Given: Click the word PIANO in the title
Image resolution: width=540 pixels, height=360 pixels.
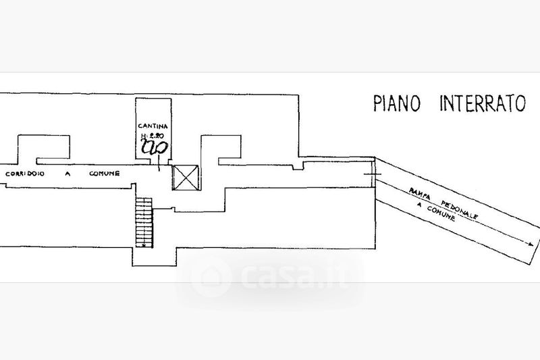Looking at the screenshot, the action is click(398, 103).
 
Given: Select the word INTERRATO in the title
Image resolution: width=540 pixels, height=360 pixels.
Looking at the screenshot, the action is click(483, 103).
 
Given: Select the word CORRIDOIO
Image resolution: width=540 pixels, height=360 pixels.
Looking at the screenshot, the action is click(24, 174).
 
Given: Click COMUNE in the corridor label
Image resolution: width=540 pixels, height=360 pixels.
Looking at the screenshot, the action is click(105, 174).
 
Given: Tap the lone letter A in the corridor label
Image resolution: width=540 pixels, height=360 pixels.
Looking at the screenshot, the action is click(67, 174).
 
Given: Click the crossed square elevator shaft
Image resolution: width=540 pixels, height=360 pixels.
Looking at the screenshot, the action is click(187, 178).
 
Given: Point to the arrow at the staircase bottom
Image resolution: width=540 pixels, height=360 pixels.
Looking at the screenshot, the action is click(145, 245).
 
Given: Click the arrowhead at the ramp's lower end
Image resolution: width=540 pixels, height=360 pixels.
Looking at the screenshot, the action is click(533, 244).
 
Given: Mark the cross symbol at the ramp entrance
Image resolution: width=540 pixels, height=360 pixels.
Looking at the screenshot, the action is click(374, 175).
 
